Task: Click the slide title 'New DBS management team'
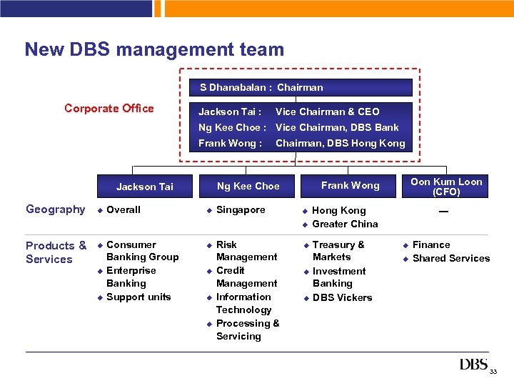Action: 154,49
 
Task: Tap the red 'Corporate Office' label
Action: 109,109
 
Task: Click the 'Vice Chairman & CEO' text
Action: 327,112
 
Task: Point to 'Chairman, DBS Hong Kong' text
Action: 340,143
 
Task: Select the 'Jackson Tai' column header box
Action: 144,186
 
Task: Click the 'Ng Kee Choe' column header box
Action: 248,186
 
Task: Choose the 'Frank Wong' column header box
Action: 350,186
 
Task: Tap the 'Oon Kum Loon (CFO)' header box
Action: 446,187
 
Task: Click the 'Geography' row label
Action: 55,209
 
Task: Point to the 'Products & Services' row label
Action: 56,252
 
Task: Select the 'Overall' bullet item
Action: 123,209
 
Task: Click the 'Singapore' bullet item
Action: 240,209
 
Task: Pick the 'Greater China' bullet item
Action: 345,224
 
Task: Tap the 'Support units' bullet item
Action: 138,297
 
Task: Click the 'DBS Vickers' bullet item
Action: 342,297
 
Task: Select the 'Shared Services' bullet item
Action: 450,258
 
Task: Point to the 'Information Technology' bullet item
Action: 243,303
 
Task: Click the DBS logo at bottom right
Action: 474,365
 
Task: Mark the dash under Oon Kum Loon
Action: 443,211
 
